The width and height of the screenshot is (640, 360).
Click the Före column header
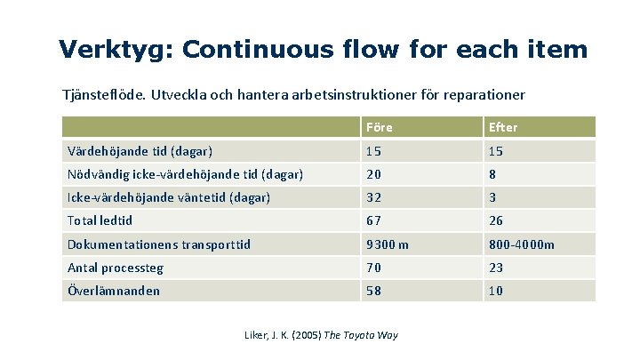(379, 127)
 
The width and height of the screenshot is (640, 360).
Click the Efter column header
(503, 127)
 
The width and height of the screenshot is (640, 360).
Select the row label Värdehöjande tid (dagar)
(140, 151)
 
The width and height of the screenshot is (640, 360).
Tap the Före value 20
(374, 174)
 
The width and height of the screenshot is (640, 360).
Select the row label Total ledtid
(100, 220)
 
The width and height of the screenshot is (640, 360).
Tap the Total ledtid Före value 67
(374, 220)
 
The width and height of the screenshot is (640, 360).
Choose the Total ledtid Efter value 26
(496, 220)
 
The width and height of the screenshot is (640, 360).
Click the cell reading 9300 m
(388, 244)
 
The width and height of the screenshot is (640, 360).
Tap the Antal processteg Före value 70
(374, 268)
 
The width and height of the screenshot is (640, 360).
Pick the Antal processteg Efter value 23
(496, 268)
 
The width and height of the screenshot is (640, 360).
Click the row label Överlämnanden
(114, 291)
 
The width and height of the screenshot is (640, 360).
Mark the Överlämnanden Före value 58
(374, 291)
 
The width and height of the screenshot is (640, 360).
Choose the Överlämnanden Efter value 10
(496, 291)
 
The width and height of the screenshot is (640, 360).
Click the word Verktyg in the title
(116, 49)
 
